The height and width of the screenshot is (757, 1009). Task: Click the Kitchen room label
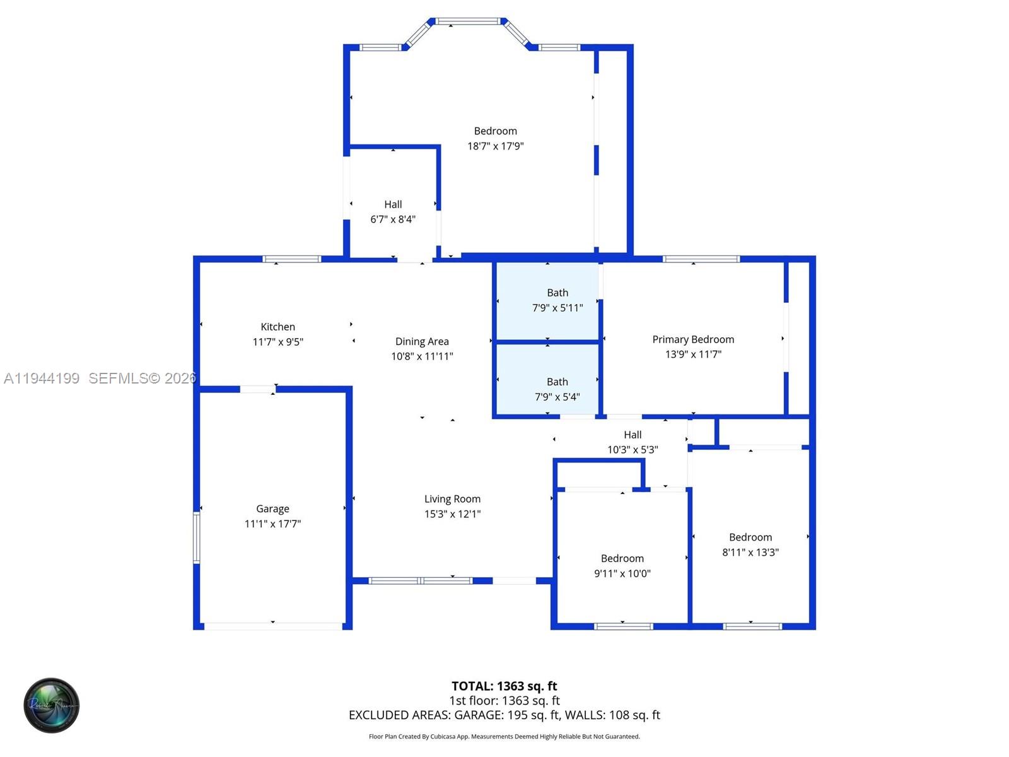(x=277, y=327)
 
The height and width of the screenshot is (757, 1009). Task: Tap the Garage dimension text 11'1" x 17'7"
(x=272, y=524)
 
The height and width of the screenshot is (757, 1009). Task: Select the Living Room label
(x=452, y=499)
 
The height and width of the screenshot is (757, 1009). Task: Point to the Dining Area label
(x=422, y=341)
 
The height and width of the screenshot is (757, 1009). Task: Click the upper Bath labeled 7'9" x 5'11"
(x=557, y=300)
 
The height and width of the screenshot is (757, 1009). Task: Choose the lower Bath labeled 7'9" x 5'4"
(x=557, y=389)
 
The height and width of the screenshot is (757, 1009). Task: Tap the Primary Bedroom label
(x=693, y=339)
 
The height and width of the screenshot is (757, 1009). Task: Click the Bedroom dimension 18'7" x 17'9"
(x=495, y=146)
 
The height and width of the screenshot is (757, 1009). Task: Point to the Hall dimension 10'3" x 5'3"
(x=633, y=450)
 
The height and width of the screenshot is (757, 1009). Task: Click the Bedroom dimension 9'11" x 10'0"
(x=622, y=573)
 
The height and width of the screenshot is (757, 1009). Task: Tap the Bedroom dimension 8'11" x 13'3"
(x=750, y=553)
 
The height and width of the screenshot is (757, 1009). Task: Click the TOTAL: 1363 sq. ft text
(x=504, y=686)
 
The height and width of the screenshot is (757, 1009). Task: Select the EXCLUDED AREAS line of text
(x=504, y=715)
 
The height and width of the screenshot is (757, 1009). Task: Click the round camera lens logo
(x=52, y=705)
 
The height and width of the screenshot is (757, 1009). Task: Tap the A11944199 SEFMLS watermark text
(x=100, y=378)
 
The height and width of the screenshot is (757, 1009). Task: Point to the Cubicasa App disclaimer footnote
(x=504, y=737)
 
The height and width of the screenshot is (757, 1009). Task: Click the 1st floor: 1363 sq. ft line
(x=504, y=701)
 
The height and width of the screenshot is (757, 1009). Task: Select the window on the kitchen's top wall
(x=291, y=259)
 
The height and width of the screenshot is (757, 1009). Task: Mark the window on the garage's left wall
(x=197, y=537)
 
